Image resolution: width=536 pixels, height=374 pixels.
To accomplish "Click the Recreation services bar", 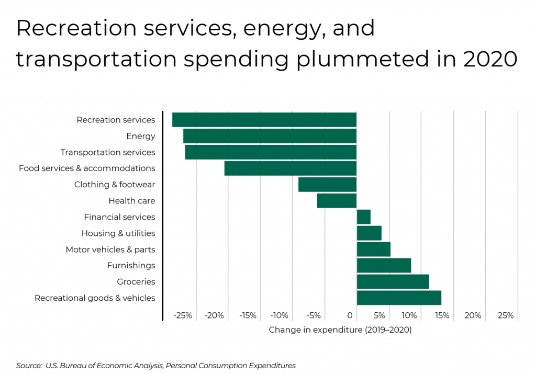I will click(x=264, y=120).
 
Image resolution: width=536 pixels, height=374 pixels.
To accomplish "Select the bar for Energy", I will click(x=270, y=136).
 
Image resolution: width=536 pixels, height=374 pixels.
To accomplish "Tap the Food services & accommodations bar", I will click(x=291, y=168).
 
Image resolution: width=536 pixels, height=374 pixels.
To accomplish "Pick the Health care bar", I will click(x=337, y=201).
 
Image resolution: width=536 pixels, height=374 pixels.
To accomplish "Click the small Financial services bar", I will click(x=364, y=217).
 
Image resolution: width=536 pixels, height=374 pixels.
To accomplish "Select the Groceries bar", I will click(x=393, y=281).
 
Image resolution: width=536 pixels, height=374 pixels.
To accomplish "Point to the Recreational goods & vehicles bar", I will click(x=399, y=298).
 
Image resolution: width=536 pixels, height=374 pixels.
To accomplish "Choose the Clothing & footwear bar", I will click(x=327, y=185).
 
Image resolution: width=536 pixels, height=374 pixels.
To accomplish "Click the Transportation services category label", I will click(x=108, y=152).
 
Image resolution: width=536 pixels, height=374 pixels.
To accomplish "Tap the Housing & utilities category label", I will click(x=118, y=233).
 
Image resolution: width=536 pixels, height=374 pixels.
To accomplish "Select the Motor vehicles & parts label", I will click(x=110, y=250).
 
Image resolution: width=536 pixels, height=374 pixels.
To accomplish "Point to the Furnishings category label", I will click(x=131, y=266).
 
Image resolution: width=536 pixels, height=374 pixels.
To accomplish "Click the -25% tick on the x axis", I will click(x=183, y=316).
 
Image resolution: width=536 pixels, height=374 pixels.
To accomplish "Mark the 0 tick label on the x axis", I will click(x=350, y=316).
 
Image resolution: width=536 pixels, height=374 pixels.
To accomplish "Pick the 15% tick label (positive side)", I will click(x=442, y=316).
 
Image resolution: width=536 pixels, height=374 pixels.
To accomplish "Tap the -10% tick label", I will click(x=280, y=316).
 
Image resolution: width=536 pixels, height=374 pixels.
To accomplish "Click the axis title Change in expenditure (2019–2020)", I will click(x=340, y=330).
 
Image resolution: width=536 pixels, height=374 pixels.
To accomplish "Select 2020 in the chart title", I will click(x=490, y=59).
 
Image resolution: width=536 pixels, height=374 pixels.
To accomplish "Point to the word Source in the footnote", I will click(x=29, y=366).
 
